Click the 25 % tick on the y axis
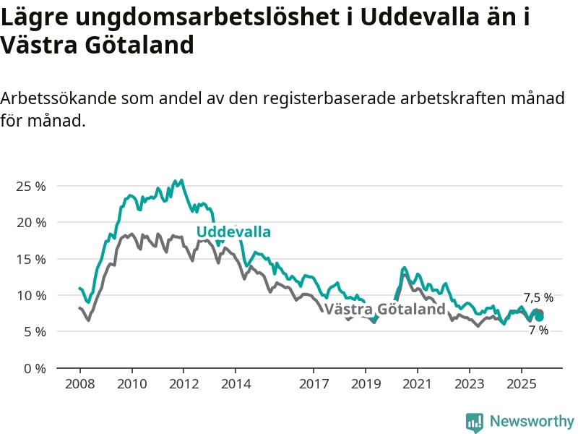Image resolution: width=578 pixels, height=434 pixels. [x=30, y=186]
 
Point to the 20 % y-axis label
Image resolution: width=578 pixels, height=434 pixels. [x=30, y=222]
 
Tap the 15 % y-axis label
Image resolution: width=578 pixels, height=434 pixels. [x=30, y=259]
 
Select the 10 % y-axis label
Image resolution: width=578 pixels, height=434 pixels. [x=30, y=295]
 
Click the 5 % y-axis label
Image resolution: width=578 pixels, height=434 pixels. [x=33, y=331]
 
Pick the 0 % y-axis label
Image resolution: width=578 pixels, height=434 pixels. [x=33, y=368]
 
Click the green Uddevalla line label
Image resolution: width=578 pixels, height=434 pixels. [x=233, y=232]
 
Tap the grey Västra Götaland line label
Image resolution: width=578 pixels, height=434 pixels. [x=385, y=310]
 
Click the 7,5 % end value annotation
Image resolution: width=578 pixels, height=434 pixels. [x=538, y=297]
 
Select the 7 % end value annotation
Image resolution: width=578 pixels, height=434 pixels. [x=538, y=331]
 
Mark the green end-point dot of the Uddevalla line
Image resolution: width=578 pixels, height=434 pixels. [x=539, y=317]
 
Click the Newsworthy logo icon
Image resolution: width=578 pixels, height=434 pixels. [x=475, y=422]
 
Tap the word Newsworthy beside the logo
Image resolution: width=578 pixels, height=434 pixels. [x=532, y=421]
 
